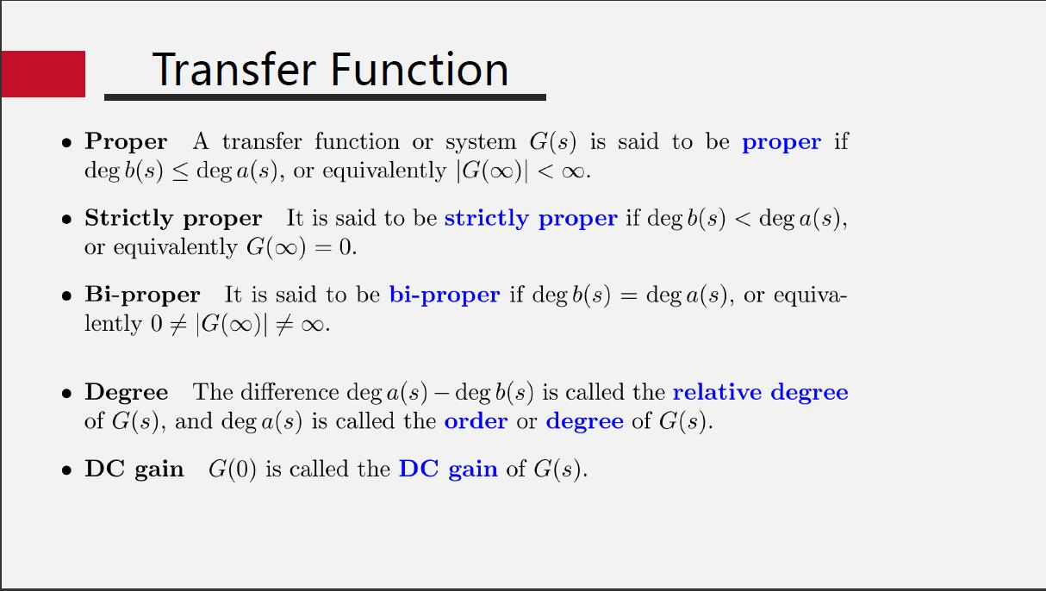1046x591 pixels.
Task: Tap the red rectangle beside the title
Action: (x=43, y=74)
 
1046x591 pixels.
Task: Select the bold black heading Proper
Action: (x=126, y=142)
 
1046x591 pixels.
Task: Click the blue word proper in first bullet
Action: (x=781, y=142)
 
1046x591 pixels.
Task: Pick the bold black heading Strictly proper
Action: (x=173, y=219)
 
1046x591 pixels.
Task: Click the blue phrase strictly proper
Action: (x=531, y=219)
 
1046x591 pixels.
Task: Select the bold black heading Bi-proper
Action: (x=142, y=295)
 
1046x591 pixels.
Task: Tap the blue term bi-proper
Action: (x=445, y=295)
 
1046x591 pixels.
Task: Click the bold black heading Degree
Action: (x=127, y=393)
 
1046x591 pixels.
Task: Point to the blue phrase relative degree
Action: (x=760, y=393)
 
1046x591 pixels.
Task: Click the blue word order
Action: (x=476, y=421)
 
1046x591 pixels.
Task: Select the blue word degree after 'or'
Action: (x=584, y=422)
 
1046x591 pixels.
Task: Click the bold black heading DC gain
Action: (x=134, y=470)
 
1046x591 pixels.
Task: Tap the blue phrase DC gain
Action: (x=448, y=470)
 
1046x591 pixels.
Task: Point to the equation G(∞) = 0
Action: (x=301, y=248)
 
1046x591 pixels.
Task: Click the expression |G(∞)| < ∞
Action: (x=521, y=171)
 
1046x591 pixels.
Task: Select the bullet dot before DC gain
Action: (x=66, y=471)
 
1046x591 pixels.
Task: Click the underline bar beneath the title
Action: (x=325, y=97)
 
